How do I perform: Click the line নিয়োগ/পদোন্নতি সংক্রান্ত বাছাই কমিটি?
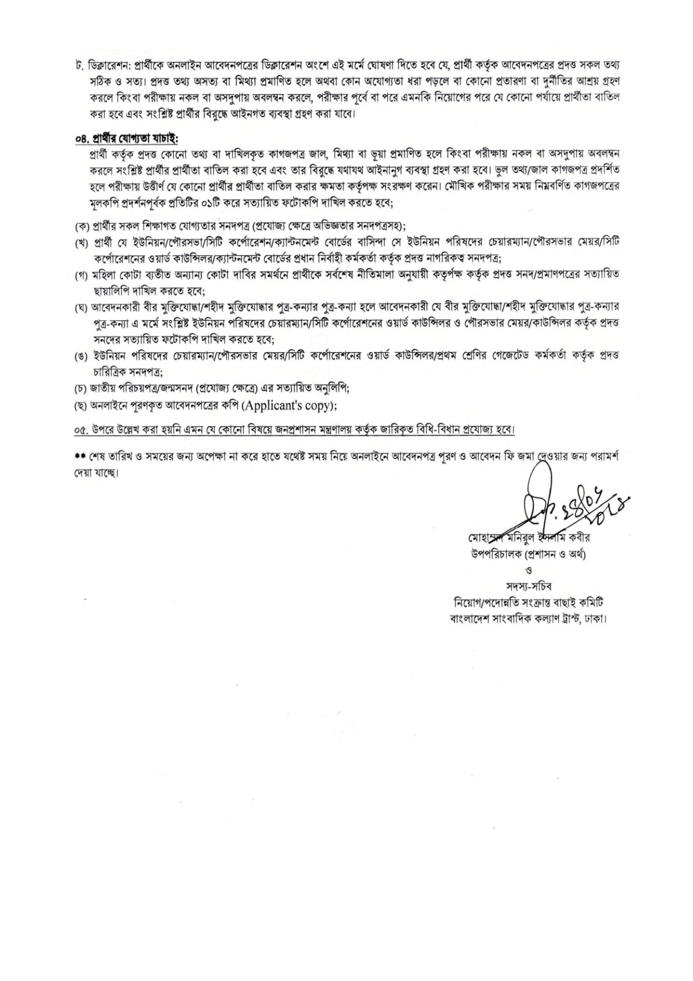click(x=529, y=603)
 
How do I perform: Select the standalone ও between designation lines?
click(x=529, y=570)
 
